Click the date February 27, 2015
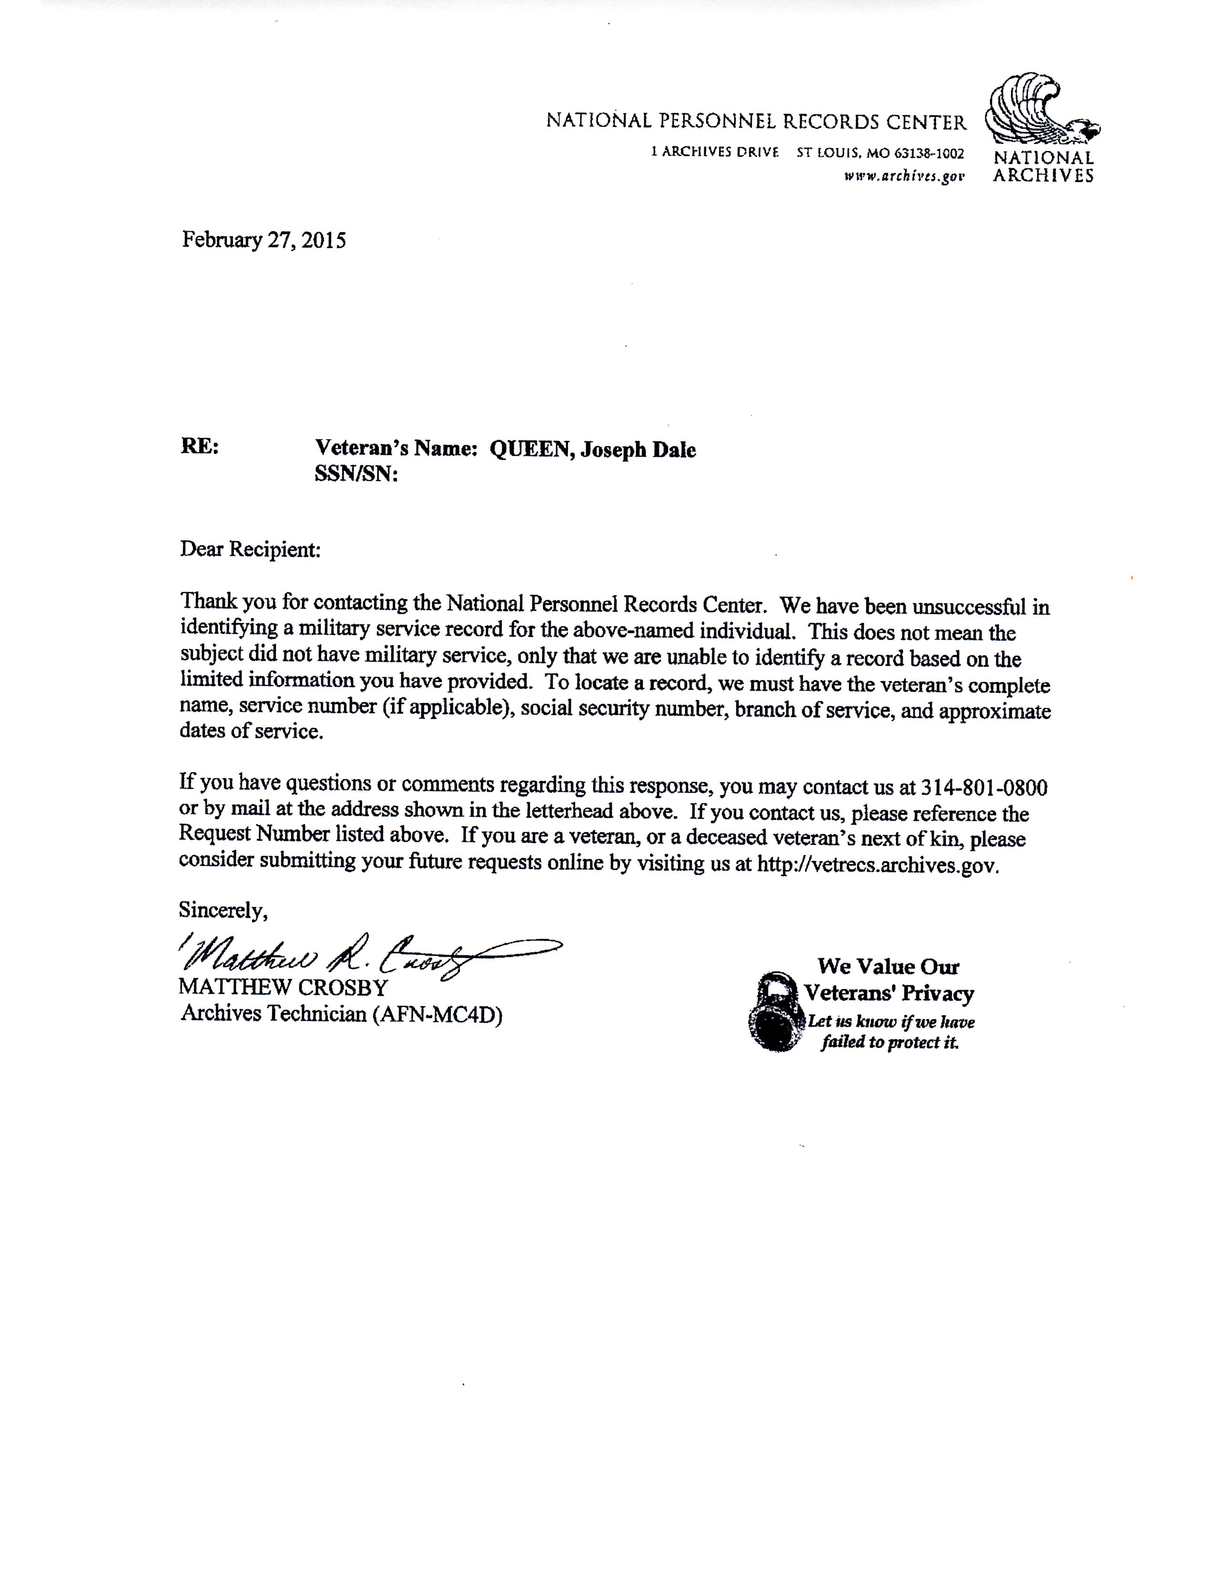point(263,240)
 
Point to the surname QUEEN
point(531,450)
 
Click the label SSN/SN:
point(356,475)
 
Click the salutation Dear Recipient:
point(250,550)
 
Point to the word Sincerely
point(223,910)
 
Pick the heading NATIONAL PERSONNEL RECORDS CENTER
point(756,122)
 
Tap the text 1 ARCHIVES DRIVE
point(714,153)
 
